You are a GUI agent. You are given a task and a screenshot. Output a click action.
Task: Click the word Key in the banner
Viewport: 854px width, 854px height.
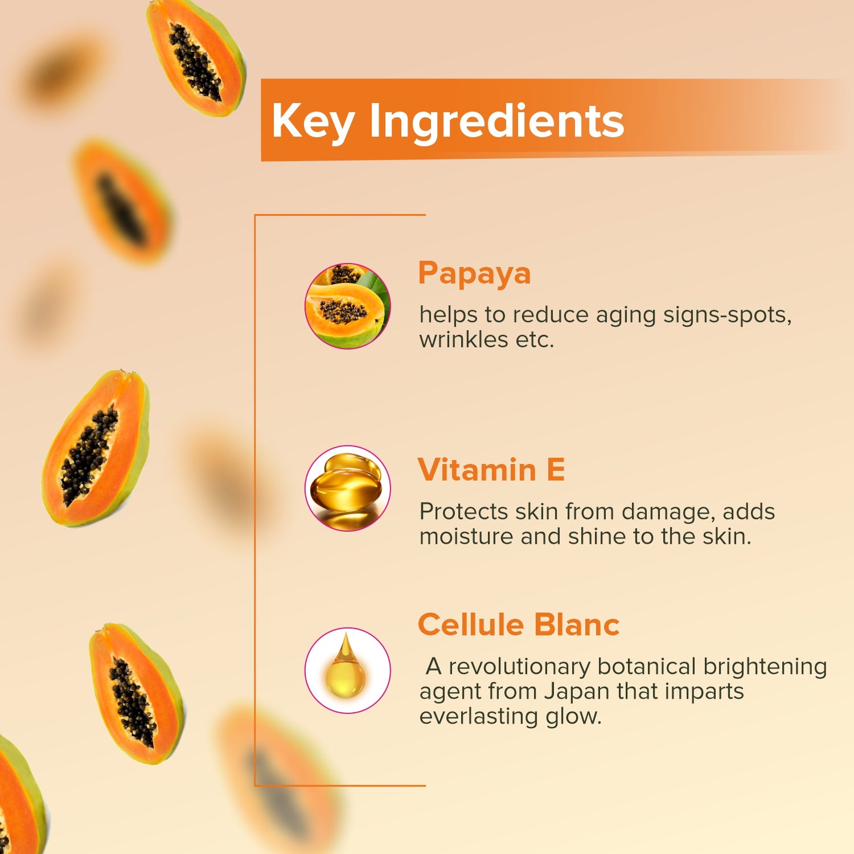tap(313, 121)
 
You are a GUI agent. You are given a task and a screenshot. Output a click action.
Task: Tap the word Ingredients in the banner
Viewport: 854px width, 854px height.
tap(496, 121)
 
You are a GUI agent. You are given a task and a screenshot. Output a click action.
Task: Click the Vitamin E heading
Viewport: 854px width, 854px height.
tap(491, 470)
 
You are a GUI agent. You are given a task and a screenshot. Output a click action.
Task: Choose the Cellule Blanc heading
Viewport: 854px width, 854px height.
tap(519, 625)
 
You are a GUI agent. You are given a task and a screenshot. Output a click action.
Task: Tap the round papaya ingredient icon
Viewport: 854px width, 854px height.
tap(348, 306)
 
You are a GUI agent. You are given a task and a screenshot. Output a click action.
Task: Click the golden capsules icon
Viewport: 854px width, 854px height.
tap(348, 488)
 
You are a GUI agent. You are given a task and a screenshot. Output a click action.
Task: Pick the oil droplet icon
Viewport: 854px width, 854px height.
tap(348, 670)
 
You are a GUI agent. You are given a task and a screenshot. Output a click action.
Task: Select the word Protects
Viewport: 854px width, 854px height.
tap(463, 512)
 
